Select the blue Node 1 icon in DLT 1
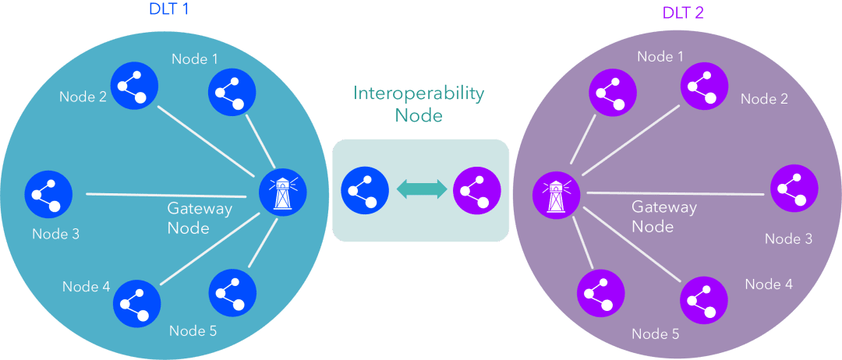[232, 91]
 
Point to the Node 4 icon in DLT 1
[136, 302]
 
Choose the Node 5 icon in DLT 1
[232, 292]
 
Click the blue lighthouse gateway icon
[282, 192]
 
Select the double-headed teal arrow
[422, 190]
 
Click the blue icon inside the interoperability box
[365, 190]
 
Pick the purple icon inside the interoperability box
[477, 190]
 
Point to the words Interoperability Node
[419, 104]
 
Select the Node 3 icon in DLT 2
[794, 189]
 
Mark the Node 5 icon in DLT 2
[600, 295]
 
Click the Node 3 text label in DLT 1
[56, 235]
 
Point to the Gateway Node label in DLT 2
[664, 217]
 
